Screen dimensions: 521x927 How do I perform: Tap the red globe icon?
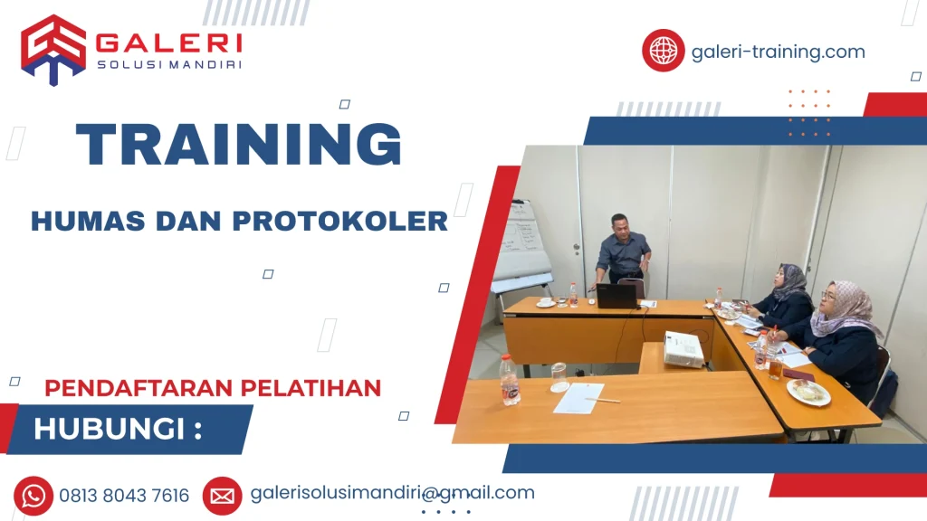(x=664, y=51)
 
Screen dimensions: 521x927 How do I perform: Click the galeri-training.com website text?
(x=778, y=52)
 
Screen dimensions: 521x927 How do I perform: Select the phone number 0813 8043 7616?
(x=124, y=496)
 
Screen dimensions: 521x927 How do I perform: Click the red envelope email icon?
(x=222, y=496)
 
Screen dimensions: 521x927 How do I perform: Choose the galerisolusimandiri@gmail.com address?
(x=392, y=493)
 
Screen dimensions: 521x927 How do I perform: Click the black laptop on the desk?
(x=616, y=296)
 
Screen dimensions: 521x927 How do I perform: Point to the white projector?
(x=683, y=350)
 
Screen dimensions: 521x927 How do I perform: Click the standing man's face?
(x=620, y=223)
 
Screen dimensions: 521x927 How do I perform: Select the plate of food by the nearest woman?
(x=808, y=391)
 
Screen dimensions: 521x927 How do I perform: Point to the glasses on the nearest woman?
(x=828, y=296)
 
